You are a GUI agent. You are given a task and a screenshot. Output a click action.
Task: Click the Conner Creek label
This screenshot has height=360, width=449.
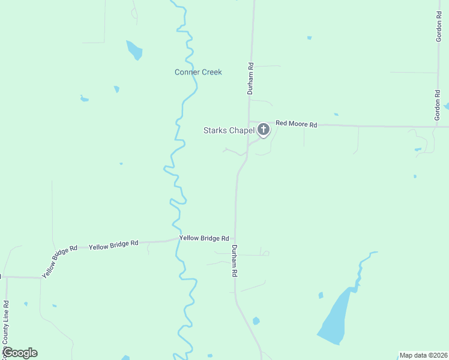click(198, 72)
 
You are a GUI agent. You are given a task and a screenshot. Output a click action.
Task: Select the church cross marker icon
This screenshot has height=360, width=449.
click(263, 129)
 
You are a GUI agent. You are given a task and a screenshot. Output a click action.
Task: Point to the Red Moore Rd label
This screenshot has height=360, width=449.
click(296, 124)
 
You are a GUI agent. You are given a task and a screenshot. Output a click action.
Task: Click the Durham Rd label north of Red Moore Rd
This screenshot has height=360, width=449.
click(252, 78)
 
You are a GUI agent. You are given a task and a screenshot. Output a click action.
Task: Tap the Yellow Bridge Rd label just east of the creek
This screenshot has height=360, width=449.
click(204, 238)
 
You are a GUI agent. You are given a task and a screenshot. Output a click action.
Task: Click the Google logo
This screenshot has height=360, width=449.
click(20, 353)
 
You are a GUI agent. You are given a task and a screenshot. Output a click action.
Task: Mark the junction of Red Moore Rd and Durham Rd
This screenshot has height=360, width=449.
click(249, 124)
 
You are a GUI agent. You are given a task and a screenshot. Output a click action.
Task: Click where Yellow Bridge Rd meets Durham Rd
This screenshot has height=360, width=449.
click(235, 240)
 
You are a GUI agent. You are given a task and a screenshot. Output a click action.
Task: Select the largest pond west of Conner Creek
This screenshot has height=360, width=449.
click(134, 50)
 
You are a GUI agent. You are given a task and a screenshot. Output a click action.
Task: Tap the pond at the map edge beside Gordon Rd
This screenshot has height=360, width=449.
click(447, 107)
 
